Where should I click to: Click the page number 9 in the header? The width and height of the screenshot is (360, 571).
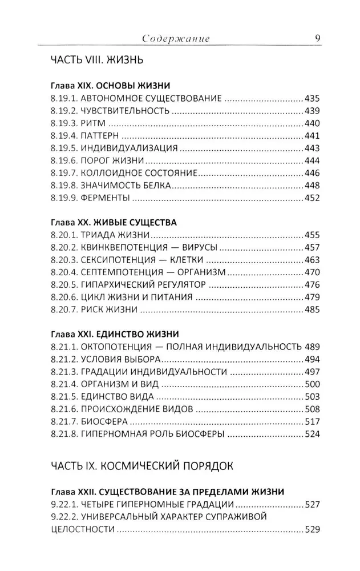317,38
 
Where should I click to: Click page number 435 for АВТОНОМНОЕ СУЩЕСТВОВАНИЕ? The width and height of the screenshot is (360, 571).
313,98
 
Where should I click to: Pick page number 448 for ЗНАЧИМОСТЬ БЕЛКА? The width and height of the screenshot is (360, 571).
313,186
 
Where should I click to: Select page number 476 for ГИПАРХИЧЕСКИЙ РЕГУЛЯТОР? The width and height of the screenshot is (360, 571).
313,285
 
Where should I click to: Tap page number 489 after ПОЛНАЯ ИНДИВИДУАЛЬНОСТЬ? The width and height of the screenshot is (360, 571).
313,347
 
